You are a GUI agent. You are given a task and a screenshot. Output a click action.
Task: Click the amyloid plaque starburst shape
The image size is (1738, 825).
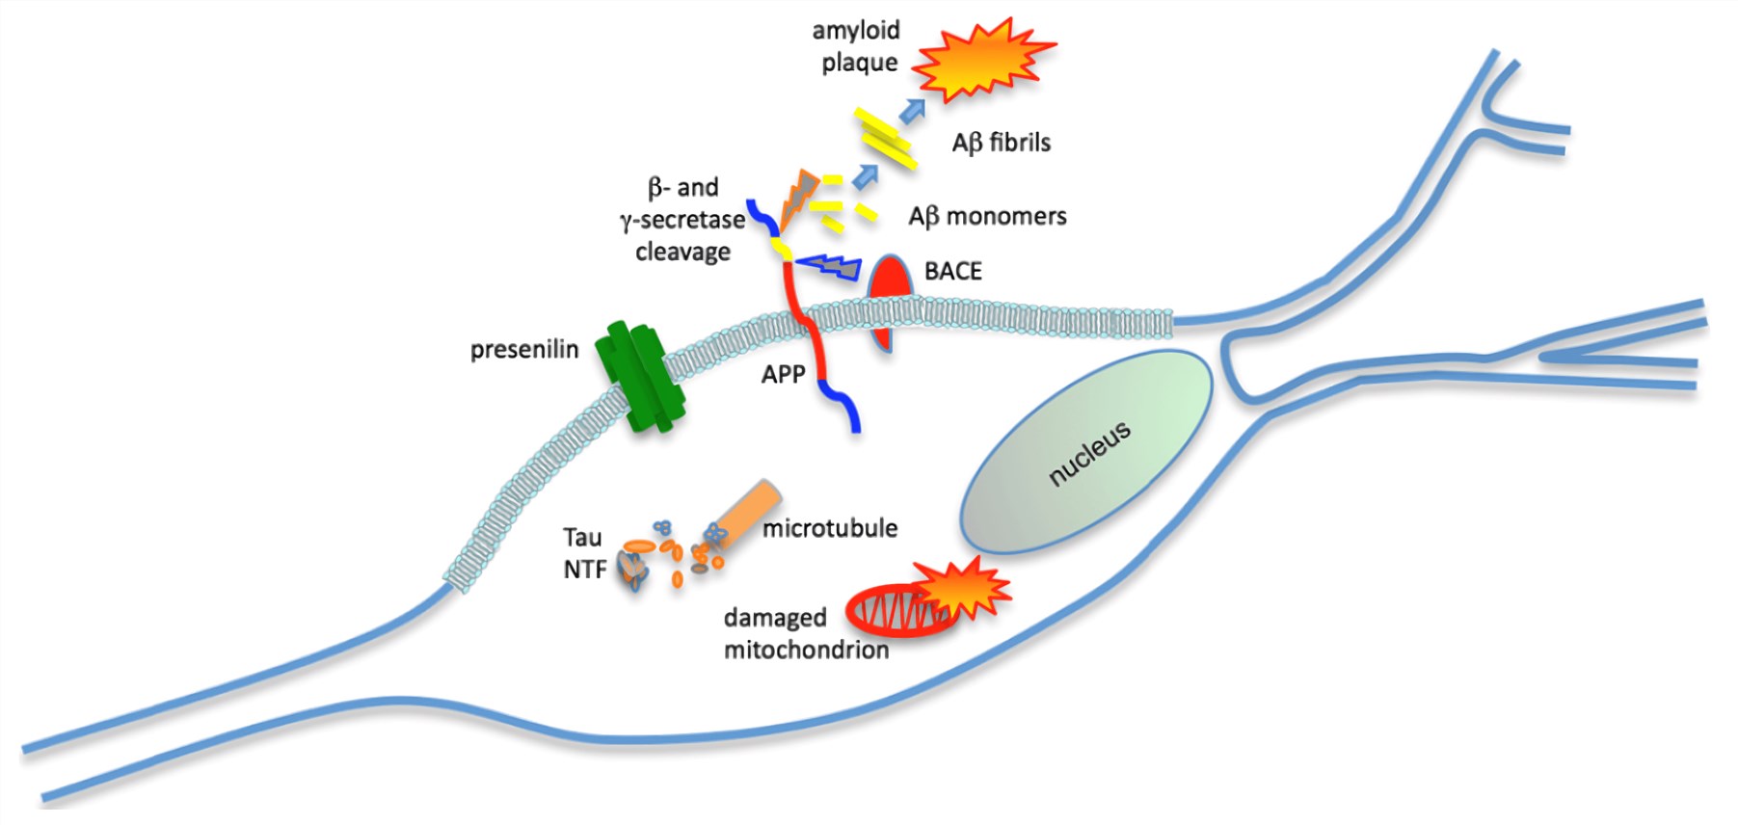(982, 60)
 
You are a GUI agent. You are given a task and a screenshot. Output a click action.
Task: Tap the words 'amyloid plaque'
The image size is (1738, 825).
(857, 46)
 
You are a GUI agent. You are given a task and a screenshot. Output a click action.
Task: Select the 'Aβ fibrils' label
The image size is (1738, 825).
(1001, 143)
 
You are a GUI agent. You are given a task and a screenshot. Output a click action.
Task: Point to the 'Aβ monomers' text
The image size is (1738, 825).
(987, 216)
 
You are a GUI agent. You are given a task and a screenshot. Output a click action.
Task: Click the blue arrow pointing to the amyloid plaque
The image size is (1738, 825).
(911, 111)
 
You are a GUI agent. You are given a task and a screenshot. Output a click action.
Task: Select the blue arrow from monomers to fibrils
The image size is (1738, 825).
(866, 175)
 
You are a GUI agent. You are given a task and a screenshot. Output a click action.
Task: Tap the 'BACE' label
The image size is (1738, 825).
(952, 271)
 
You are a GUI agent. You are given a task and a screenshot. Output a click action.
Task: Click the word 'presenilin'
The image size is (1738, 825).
(524, 349)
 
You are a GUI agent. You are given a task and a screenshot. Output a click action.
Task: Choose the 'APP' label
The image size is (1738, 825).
(783, 374)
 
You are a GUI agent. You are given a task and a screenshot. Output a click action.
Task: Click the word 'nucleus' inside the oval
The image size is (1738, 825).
(1089, 453)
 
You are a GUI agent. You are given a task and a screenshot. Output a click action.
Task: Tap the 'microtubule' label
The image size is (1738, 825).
(830, 528)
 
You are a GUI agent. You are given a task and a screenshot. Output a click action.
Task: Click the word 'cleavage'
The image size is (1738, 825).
(682, 252)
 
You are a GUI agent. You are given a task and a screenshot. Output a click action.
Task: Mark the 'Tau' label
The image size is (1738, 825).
(582, 537)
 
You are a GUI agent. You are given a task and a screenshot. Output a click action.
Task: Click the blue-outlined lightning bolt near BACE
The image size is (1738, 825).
(831, 266)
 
